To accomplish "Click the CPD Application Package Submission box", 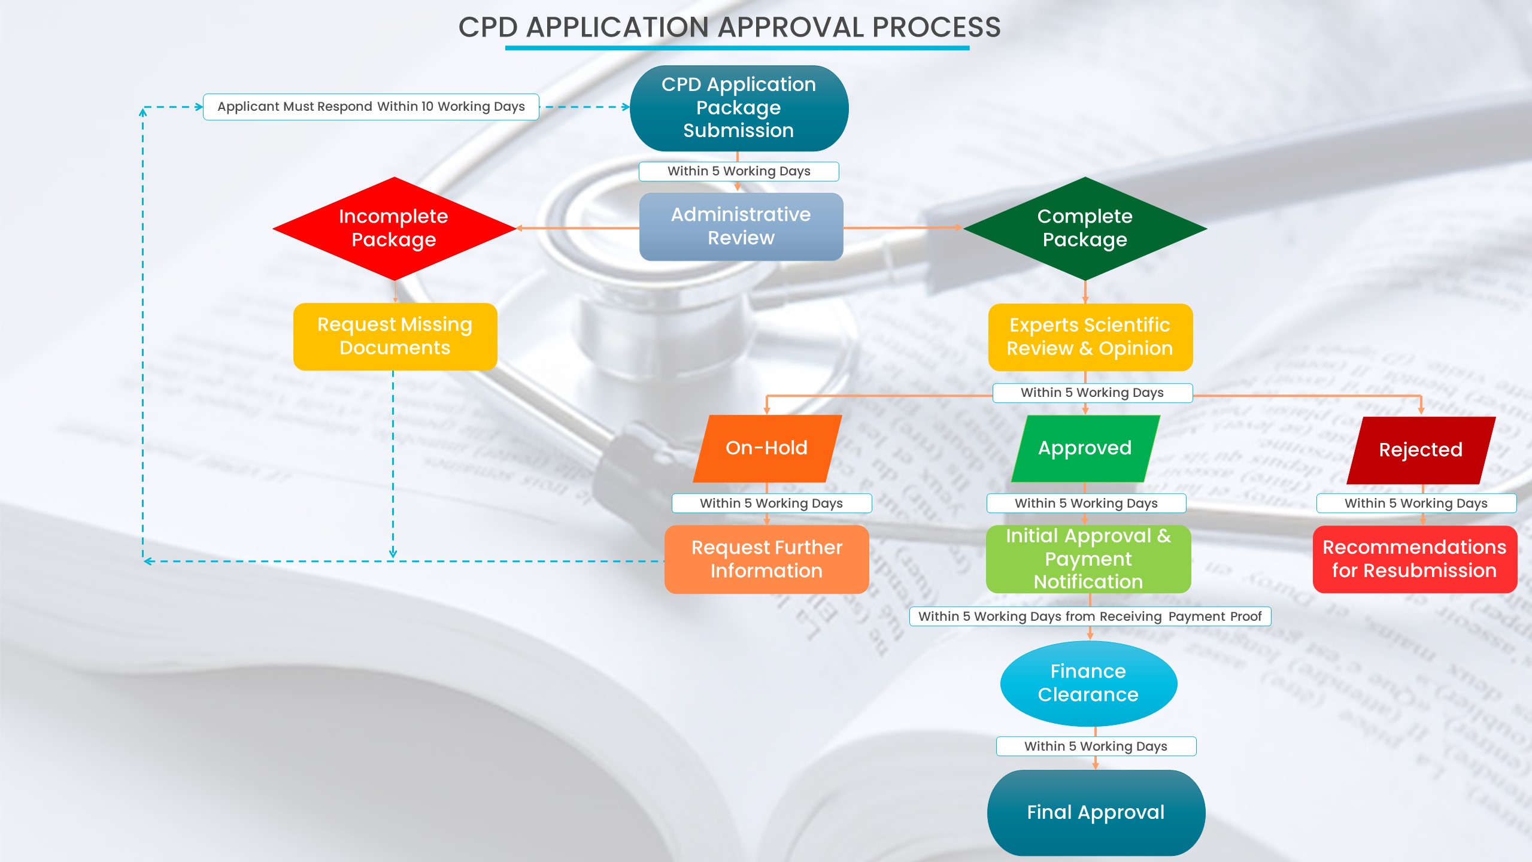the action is pos(739,108).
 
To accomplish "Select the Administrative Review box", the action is pos(741,226).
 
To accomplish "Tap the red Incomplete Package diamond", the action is pos(394,228).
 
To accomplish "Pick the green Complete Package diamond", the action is pos(1085,228).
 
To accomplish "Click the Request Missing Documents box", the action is pos(395,336).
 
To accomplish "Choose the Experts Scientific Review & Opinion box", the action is pos(1090,337).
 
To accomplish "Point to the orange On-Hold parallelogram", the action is pos(767,448).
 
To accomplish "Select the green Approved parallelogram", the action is pos(1085,448).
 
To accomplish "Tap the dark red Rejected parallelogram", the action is pos(1421,450).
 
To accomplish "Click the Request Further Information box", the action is pos(767,559).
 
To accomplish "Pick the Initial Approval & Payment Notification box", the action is pos(1088,559).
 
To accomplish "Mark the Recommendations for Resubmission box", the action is pos(1415,559).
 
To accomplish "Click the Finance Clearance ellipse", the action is pos(1088,683).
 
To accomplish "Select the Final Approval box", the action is pos(1096,812).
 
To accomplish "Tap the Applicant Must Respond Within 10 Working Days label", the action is pos(371,107).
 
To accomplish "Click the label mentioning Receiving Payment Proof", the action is pos(1090,616).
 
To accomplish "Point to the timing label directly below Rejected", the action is pos(1416,503).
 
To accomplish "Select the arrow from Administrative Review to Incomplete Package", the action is pos(578,228).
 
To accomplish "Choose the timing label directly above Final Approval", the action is pos(1096,746).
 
